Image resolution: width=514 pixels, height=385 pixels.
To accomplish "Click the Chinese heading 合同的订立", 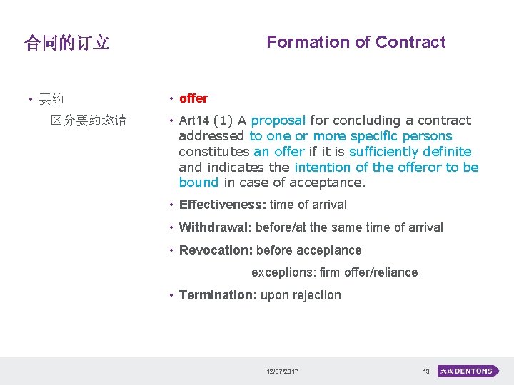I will click(67, 43).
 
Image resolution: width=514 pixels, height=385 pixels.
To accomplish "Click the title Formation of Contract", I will click(356, 42).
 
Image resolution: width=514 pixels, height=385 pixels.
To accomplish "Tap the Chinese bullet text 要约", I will click(51, 99).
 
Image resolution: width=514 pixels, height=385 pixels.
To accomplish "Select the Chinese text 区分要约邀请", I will click(89, 120).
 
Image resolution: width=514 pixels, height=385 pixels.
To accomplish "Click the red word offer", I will click(193, 98).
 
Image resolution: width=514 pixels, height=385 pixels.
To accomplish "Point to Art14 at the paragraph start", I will click(193, 120).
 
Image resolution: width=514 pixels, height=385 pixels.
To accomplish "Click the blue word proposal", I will click(278, 120).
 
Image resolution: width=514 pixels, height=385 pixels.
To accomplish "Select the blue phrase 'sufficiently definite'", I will click(410, 151).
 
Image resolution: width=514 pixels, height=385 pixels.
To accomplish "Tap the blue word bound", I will click(199, 183).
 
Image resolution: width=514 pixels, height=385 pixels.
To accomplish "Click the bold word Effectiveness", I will click(222, 205).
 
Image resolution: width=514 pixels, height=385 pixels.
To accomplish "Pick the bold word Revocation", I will click(216, 250).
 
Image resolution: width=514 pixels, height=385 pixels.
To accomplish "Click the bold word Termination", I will click(218, 295).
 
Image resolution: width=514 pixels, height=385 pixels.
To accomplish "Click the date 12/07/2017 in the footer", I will click(282, 371).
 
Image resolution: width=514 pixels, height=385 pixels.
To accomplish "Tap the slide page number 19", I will click(426, 371).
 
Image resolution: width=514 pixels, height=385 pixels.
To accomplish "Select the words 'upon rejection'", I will click(301, 295).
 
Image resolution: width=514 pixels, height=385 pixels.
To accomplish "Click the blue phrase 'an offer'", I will click(279, 151).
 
